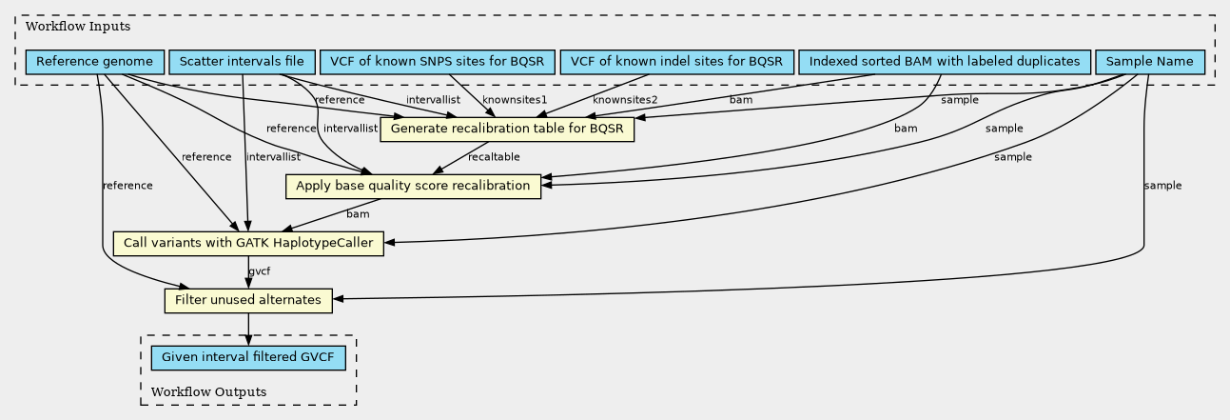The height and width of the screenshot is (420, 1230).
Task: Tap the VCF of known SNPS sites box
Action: tap(438, 63)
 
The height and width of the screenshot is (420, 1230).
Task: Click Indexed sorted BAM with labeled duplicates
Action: tap(945, 63)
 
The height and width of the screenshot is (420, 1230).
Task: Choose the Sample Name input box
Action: tap(1151, 63)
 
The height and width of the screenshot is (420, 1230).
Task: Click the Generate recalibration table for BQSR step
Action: tap(507, 129)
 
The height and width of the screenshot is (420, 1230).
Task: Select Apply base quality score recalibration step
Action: tap(413, 186)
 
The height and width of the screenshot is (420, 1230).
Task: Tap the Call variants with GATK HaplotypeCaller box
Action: tap(248, 243)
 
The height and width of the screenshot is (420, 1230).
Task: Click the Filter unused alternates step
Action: tap(248, 300)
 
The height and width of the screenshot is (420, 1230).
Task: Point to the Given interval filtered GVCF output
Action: tap(248, 358)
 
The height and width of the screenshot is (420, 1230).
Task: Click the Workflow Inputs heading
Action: tap(65, 26)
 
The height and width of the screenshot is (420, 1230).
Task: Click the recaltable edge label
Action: tap(494, 157)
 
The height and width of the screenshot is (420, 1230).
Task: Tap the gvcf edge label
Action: tap(259, 272)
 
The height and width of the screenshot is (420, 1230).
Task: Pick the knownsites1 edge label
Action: tap(515, 100)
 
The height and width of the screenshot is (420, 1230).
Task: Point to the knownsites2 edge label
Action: tap(625, 100)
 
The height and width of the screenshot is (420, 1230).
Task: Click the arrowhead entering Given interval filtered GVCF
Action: tap(248, 340)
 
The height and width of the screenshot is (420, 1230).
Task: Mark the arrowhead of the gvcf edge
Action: tap(248, 283)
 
